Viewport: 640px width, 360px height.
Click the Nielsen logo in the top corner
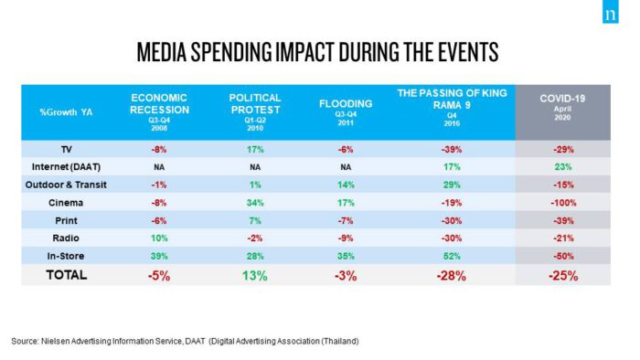point(610,12)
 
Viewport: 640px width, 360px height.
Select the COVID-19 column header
point(562,107)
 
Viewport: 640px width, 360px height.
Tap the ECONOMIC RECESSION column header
point(159,112)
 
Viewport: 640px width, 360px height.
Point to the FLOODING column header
point(346,112)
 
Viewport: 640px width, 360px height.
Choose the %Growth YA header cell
point(66,112)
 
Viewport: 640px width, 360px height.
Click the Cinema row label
point(66,203)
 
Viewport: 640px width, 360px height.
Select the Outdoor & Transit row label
point(66,185)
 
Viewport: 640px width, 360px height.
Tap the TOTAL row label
point(67,275)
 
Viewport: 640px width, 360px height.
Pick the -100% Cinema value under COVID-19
point(563,203)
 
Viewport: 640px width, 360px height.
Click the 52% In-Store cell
point(452,256)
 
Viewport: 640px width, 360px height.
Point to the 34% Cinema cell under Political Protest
point(255,203)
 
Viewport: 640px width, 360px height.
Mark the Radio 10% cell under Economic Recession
point(159,238)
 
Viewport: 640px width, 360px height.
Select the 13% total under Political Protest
point(255,276)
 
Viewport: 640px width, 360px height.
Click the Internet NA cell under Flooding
point(346,167)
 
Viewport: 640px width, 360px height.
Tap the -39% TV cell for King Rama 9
point(452,150)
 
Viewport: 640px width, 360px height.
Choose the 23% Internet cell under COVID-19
point(563,167)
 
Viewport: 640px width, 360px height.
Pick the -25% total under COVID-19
point(563,276)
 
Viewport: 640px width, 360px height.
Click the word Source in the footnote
point(25,341)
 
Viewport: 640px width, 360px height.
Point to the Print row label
point(66,220)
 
